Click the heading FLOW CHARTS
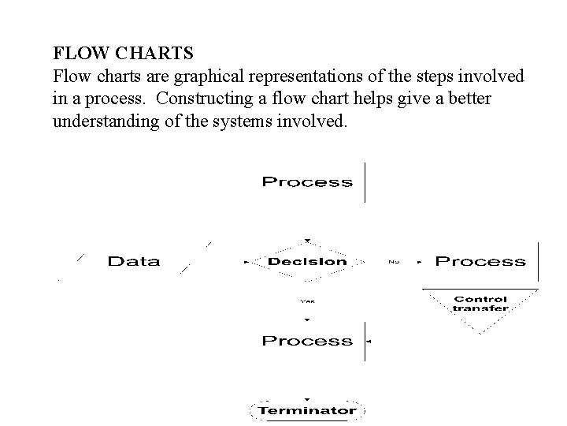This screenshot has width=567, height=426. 123,54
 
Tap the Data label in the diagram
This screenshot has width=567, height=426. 133,261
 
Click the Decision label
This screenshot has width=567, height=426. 307,261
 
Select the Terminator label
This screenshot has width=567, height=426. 307,410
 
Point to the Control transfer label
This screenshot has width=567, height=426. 480,304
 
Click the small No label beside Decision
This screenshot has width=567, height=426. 393,261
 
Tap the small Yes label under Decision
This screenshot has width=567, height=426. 307,300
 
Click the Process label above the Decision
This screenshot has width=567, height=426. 307,182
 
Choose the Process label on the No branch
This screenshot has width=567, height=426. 480,261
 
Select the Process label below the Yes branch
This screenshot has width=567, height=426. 307,341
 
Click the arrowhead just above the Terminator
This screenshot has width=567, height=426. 307,399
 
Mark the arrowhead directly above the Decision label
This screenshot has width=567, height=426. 307,241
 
